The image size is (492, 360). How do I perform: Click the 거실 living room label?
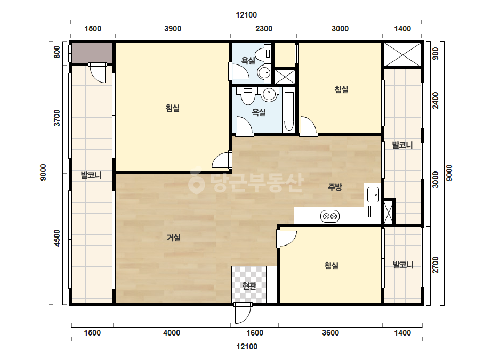click(x=174, y=238)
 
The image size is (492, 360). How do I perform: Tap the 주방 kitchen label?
click(x=335, y=187)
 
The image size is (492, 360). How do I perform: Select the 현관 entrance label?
click(x=249, y=285)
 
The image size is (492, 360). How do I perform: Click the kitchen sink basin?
click(x=373, y=194)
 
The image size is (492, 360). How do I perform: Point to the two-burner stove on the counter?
click(x=330, y=216)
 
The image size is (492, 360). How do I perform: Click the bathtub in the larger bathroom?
click(x=289, y=111)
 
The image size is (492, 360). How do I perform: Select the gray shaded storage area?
click(x=92, y=53)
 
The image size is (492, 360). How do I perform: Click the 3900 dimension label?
click(x=173, y=29)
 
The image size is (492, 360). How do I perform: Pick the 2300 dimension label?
click(x=263, y=29)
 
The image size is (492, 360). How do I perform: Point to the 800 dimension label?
click(x=57, y=52)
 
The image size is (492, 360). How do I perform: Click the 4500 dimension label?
click(x=57, y=238)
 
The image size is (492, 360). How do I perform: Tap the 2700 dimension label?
click(x=435, y=265)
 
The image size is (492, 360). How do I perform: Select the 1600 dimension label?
click(x=255, y=333)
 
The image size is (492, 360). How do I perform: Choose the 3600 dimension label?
click(x=330, y=333)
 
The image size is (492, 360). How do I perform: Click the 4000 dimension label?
click(x=172, y=333)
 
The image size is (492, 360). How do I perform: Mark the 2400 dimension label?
click(x=435, y=100)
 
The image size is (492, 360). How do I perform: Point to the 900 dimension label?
click(x=435, y=54)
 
